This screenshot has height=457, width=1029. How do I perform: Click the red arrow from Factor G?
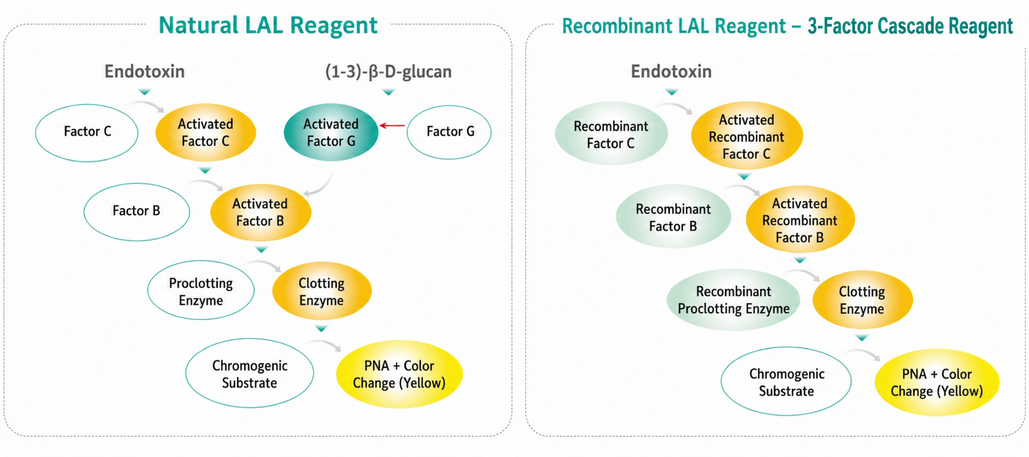coord(392,126)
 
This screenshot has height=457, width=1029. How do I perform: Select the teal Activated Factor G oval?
coord(331,132)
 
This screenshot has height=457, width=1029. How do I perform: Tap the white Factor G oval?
coord(449,132)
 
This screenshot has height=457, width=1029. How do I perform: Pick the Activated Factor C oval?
coord(205,132)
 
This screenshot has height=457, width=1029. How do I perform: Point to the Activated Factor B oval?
coord(260,212)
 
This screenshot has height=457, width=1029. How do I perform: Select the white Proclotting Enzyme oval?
coord(201,290)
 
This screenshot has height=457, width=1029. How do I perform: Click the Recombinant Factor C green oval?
coord(611,133)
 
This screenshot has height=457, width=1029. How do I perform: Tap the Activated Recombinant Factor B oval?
coord(800,219)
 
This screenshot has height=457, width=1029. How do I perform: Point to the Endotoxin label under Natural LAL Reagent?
coord(145,71)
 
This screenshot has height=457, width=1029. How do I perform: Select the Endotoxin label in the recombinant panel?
coord(671,71)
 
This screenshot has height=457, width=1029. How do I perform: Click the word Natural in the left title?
coord(198,26)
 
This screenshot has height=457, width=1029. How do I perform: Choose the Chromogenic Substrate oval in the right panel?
coord(786,382)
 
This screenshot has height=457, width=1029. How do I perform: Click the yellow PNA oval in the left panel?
coord(399,374)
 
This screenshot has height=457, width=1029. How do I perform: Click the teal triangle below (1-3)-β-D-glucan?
coord(388,92)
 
